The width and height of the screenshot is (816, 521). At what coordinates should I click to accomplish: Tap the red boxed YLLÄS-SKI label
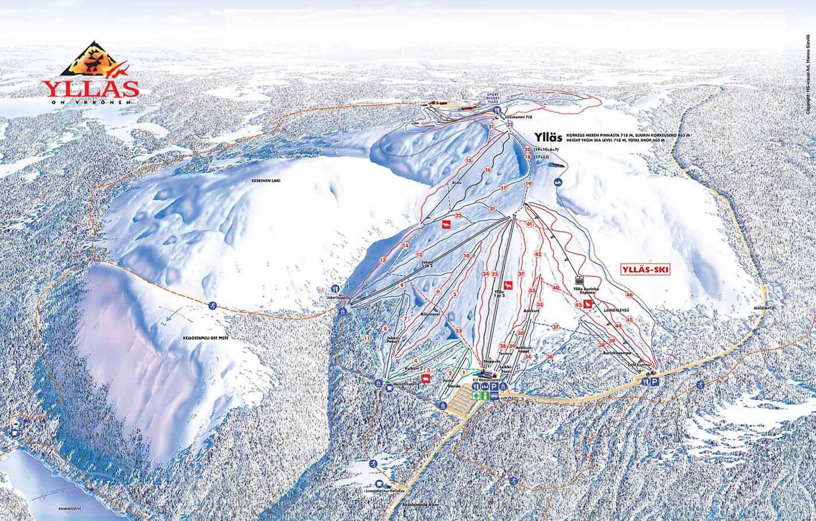click(x=645, y=269)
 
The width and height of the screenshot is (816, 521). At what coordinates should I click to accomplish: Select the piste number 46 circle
click(x=629, y=295)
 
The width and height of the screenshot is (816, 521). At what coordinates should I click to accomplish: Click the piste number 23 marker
click(x=459, y=331)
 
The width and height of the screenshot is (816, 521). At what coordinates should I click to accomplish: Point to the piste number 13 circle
click(x=383, y=260)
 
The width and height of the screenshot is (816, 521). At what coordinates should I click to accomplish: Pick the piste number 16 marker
click(x=488, y=170)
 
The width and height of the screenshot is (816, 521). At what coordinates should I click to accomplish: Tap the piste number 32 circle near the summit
click(x=510, y=125)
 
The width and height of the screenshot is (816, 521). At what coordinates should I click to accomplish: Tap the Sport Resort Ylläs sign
click(x=492, y=98)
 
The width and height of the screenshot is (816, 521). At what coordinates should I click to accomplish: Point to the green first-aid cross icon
click(x=476, y=396)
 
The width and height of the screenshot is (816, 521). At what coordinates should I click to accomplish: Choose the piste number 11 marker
click(x=367, y=338)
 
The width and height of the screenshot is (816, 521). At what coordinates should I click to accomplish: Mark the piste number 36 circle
click(x=550, y=357)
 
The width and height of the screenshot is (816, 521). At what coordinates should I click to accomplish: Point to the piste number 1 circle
click(x=463, y=372)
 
